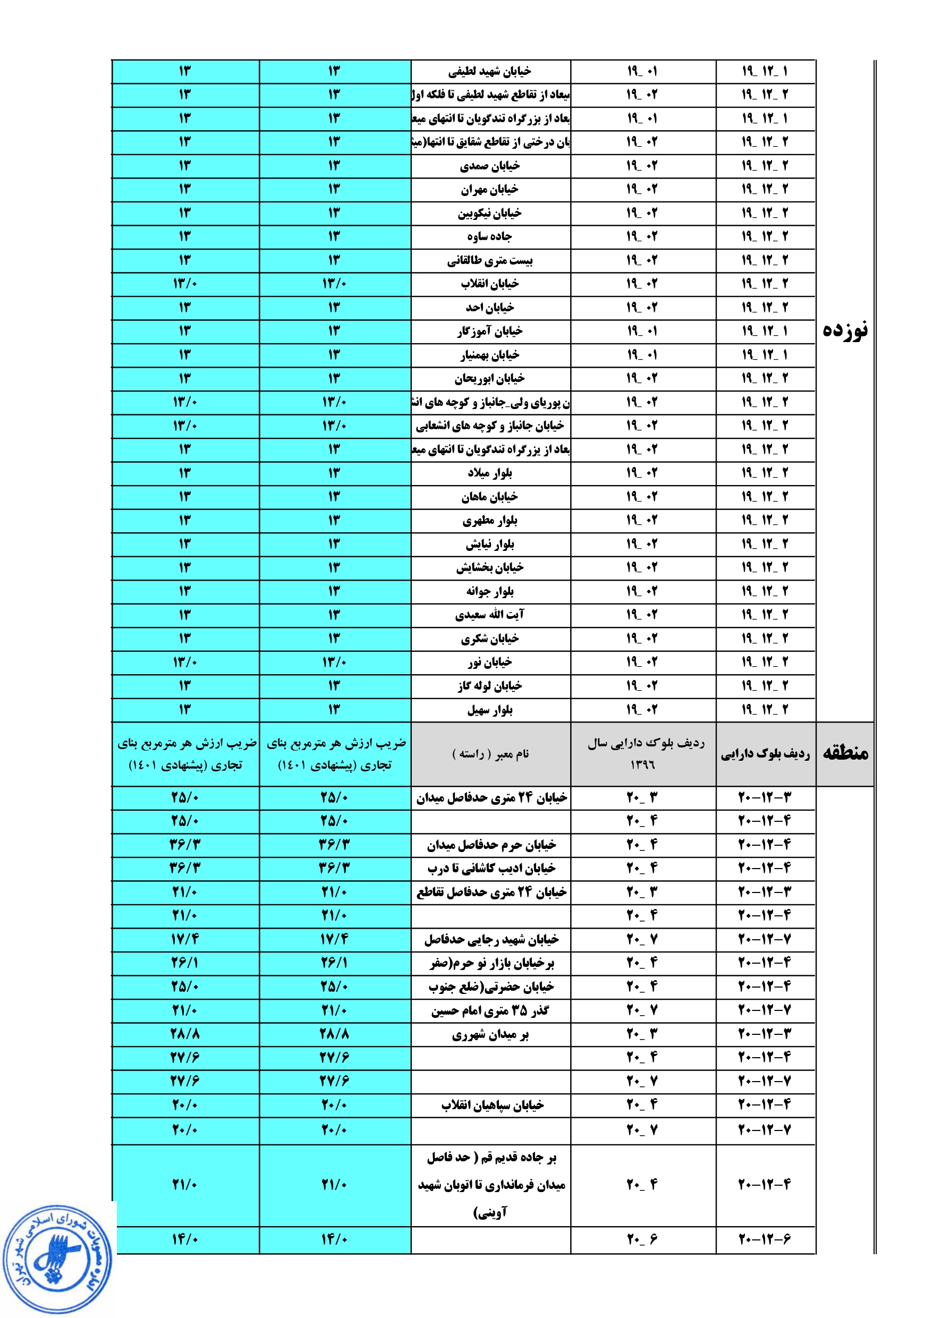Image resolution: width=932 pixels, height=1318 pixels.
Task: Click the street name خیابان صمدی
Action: (490, 166)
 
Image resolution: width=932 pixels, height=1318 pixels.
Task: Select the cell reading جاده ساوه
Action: (489, 236)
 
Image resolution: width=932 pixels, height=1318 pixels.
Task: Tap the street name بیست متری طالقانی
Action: (490, 261)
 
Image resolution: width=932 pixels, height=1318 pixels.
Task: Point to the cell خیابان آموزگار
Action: (490, 331)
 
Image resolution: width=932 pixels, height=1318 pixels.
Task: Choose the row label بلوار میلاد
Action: (490, 473)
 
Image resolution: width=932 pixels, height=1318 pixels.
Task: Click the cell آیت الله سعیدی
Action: (490, 615)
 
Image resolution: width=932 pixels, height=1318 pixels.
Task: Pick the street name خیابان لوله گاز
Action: (490, 686)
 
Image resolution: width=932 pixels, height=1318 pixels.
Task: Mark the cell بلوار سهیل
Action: (490, 710)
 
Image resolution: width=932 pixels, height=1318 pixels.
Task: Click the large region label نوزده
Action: (845, 330)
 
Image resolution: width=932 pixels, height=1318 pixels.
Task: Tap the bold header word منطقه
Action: (845, 753)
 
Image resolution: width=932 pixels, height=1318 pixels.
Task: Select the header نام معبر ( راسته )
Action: (490, 754)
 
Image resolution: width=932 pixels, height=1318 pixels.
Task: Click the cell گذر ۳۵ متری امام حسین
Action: (490, 1010)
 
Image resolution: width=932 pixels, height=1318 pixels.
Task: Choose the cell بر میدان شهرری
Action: (490, 1034)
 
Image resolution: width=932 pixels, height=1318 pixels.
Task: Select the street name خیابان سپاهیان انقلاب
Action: (492, 1105)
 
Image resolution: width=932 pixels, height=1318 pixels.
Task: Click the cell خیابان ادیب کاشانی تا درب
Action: (491, 869)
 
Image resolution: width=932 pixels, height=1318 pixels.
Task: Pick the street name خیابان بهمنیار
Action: (490, 355)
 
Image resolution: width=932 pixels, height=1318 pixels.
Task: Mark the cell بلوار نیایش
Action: (490, 544)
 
